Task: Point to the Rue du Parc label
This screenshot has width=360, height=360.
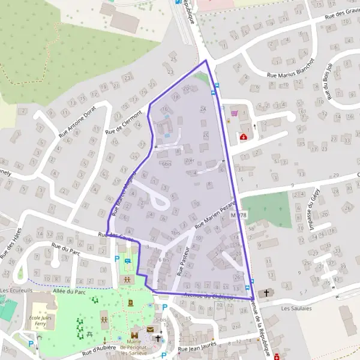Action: click(65, 246)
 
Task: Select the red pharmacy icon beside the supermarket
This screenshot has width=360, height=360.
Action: click(244, 137)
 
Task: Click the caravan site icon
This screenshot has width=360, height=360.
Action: click(127, 262)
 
